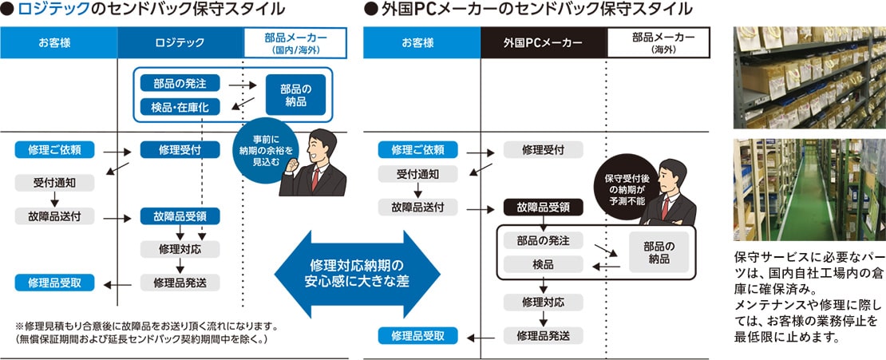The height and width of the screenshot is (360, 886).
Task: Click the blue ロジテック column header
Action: [x=179, y=42]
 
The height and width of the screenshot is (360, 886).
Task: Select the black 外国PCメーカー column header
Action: [x=543, y=42]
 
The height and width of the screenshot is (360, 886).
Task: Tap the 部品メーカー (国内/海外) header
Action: [x=295, y=42]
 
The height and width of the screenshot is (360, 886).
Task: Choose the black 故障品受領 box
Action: [x=543, y=208]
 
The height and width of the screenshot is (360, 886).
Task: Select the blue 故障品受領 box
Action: [x=180, y=216]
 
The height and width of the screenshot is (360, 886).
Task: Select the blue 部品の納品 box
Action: [x=295, y=94]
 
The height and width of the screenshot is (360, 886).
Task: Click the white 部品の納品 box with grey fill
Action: [x=659, y=252]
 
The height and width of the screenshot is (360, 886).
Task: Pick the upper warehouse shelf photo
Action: [x=809, y=77]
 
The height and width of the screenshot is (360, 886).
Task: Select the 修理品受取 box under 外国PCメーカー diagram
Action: [x=418, y=335]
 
